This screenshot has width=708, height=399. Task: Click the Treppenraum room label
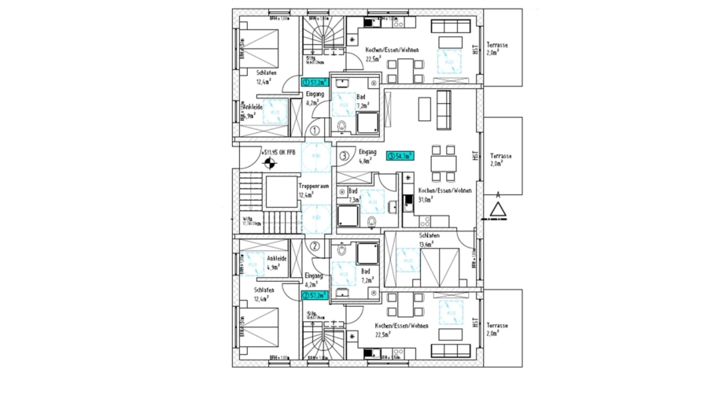[x=306, y=186]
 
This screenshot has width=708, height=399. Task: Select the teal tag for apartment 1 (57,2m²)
[x=315, y=81]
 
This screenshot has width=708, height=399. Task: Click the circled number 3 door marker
[x=344, y=156]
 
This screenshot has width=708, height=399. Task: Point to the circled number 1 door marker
[x=315, y=131]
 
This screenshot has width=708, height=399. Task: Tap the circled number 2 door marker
[x=314, y=246]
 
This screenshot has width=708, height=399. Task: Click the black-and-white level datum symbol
[x=270, y=164]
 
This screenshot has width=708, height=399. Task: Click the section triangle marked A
[x=498, y=209]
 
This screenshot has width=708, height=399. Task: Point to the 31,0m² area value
[x=426, y=200]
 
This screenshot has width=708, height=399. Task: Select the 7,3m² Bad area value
[x=355, y=200]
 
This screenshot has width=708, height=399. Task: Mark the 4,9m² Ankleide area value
[x=274, y=268]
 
